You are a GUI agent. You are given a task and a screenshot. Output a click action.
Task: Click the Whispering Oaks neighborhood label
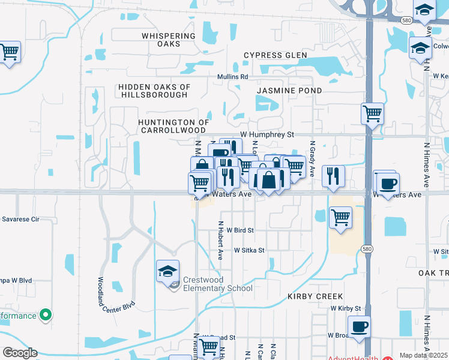[x=169, y=40]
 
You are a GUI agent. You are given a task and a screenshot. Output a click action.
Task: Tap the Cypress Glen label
[x=271, y=56]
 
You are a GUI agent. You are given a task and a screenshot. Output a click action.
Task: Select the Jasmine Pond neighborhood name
[x=289, y=91]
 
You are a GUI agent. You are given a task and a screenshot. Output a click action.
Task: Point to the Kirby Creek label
[x=315, y=296]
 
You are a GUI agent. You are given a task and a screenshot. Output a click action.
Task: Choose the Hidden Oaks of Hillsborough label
[x=154, y=91]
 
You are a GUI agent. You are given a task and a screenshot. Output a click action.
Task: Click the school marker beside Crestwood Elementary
[x=168, y=271]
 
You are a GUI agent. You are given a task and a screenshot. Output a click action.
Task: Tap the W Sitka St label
[x=249, y=250]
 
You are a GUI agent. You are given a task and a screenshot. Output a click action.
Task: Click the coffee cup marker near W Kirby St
[x=359, y=327]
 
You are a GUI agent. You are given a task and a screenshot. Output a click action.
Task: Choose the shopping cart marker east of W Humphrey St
[x=372, y=113]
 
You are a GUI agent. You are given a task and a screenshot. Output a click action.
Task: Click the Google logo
[x=20, y=353]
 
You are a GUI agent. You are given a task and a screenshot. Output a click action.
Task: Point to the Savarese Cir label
[x=20, y=220]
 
